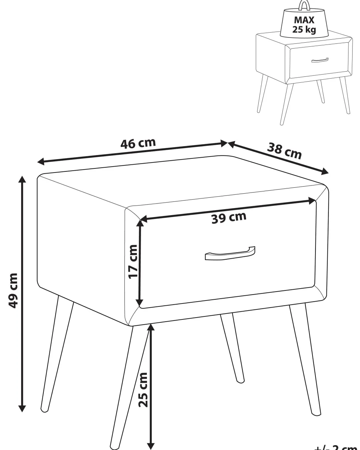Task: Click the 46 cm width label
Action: [138, 143]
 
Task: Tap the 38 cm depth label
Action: [285, 151]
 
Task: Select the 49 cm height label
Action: [13, 290]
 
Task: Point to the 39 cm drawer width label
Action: [229, 218]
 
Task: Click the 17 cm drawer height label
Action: [132, 261]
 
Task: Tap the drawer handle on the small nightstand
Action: [320, 60]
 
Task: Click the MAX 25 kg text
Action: [304, 25]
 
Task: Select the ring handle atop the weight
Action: [304, 5]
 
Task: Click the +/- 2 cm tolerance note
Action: [336, 447]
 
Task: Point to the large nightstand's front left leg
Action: [121, 386]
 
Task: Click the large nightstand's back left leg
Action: [58, 352]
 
